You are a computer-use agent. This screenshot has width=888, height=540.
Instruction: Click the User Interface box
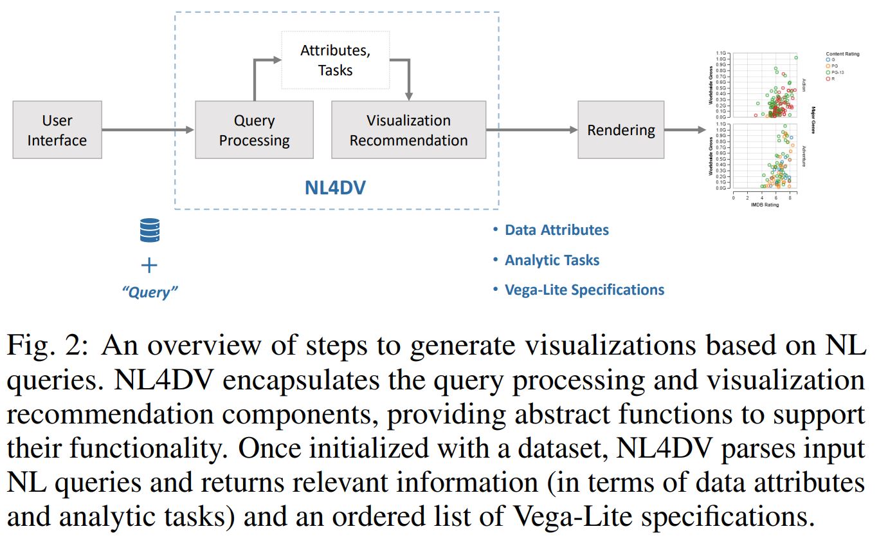pos(57,130)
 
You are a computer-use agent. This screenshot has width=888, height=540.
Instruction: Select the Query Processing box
pos(254,130)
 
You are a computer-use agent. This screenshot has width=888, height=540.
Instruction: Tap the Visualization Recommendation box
pos(408,130)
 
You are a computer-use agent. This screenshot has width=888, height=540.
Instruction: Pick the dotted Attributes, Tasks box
pos(335,61)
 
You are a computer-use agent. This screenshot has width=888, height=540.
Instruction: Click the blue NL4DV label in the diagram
pos(335,188)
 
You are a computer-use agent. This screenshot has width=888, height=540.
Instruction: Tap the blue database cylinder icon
pos(149,230)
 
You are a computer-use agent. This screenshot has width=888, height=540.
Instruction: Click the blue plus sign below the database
pos(149,265)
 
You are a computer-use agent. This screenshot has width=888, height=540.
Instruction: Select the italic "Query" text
pos(149,292)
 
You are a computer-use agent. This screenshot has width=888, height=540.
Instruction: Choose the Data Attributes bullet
pos(556,230)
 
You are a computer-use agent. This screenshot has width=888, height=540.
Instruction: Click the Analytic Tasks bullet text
pos(552,261)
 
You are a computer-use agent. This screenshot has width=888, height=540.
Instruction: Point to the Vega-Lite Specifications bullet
pos(584,290)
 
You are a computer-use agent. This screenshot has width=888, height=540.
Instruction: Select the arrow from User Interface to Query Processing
pos(148,130)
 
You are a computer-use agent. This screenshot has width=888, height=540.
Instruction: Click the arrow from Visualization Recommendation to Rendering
pos(532,130)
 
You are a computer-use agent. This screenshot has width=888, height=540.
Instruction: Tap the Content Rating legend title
pos(842,54)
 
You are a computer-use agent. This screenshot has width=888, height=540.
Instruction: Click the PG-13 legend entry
pos(836,72)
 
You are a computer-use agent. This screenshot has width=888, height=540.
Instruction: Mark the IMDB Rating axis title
pos(765,205)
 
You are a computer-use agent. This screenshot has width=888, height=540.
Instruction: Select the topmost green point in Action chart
pos(796,58)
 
